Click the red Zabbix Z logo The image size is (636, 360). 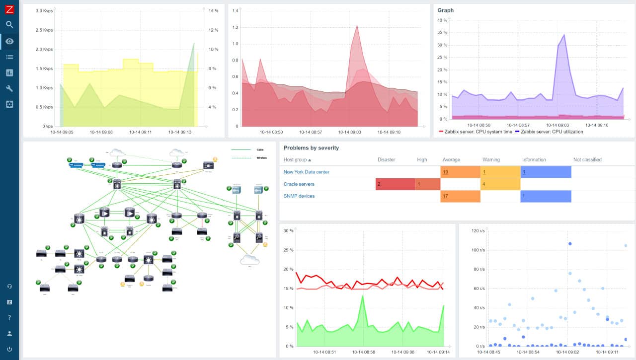[x=9, y=9]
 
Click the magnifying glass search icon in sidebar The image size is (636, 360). [x=9, y=24]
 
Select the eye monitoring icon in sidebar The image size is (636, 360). [x=9, y=41]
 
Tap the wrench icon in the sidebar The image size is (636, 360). [x=9, y=88]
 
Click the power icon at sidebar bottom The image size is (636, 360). [x=9, y=349]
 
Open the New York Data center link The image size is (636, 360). [x=306, y=172]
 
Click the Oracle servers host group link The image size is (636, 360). [x=299, y=184]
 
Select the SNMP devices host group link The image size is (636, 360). [x=299, y=196]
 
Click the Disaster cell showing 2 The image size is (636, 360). [x=395, y=184]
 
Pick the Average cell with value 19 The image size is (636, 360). [x=460, y=172]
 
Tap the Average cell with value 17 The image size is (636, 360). [x=460, y=196]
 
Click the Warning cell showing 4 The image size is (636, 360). [x=500, y=184]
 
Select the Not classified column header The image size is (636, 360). [x=587, y=160]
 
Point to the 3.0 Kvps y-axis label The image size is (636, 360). [x=42, y=10]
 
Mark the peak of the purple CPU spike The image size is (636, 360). [x=564, y=35]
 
